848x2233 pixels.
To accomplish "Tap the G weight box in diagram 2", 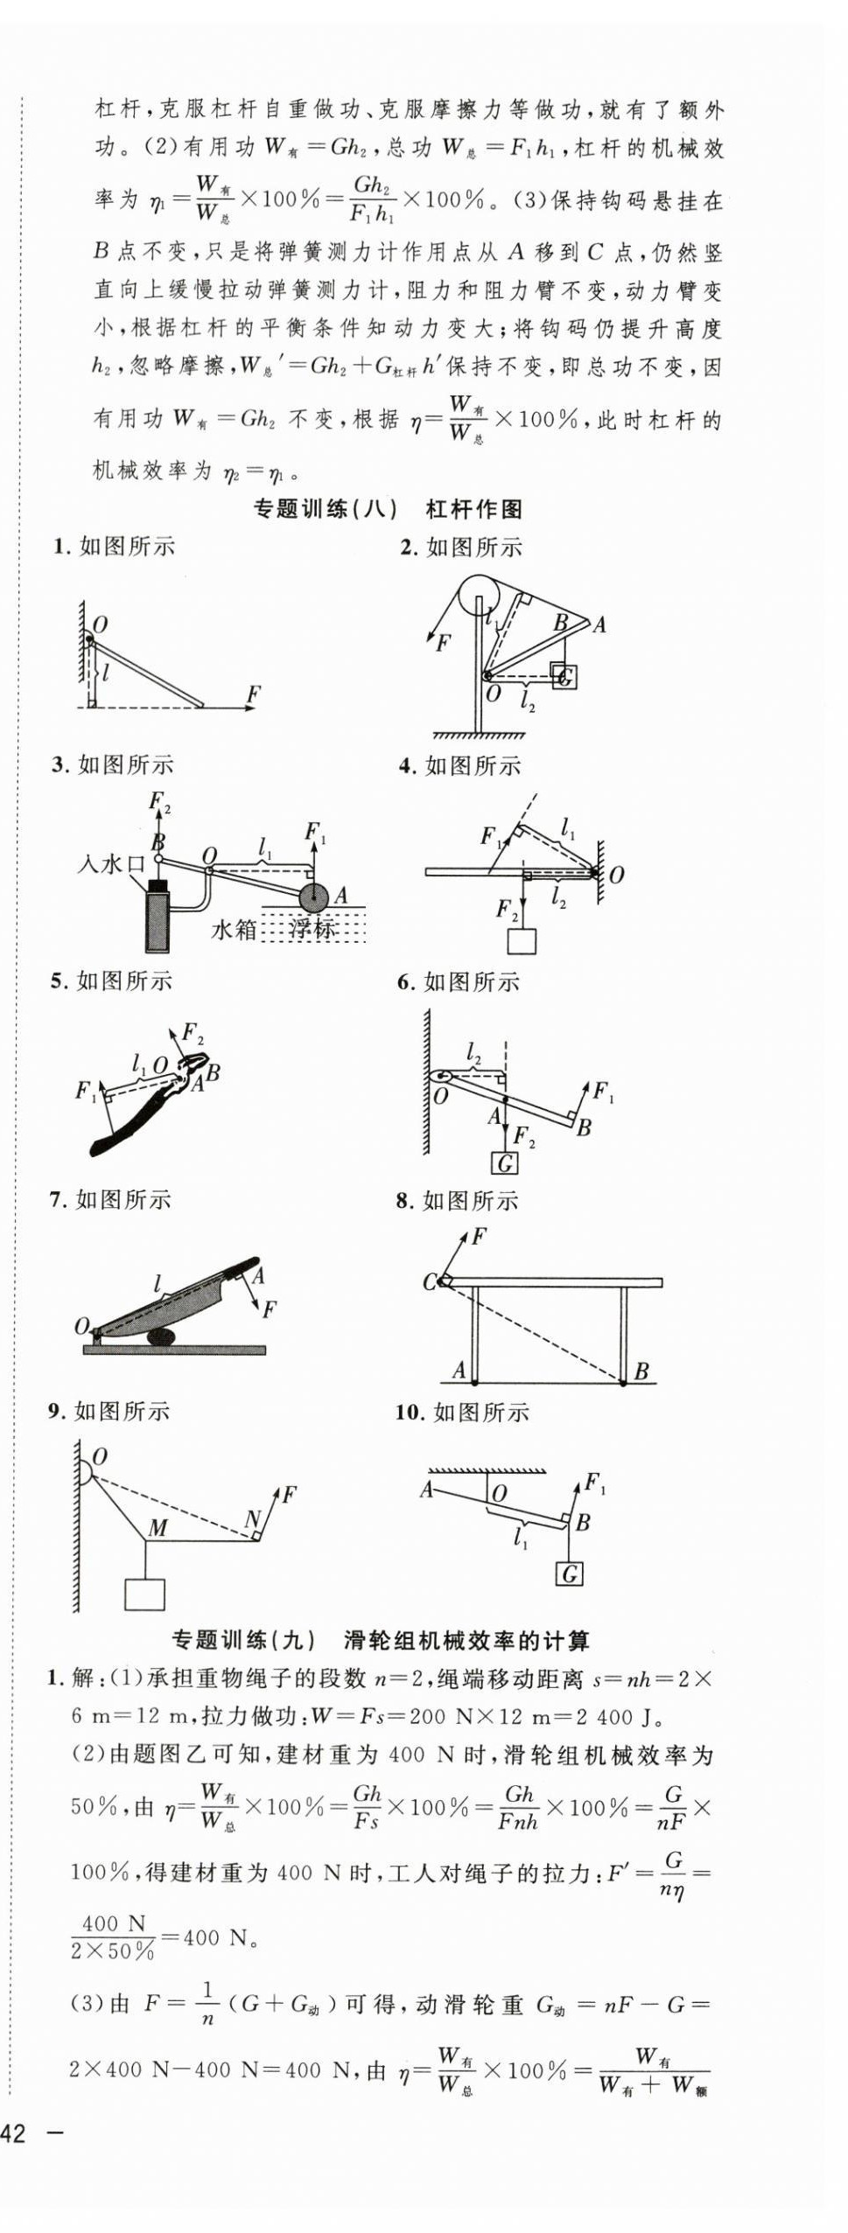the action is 564,676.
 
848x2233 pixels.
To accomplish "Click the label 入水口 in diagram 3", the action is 111,864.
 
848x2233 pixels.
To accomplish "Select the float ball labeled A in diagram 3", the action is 312,897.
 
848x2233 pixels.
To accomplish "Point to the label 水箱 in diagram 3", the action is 234,929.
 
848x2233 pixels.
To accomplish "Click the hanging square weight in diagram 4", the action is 522,940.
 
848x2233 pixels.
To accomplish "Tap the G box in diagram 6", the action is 505,1163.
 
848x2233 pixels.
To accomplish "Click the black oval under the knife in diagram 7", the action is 161,1336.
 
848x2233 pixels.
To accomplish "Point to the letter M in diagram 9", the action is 158,1528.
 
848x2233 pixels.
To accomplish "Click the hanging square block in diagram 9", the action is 144,1594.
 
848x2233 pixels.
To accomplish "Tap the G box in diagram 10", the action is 570,1574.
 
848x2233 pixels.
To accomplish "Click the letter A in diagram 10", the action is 426,1490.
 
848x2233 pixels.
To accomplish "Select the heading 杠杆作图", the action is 473,509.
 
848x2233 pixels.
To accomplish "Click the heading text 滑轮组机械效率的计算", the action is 466,1641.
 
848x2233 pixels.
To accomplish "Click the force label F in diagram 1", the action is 253,694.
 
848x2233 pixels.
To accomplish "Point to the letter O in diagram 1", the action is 100,625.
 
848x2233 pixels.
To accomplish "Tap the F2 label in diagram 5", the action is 193,1032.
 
